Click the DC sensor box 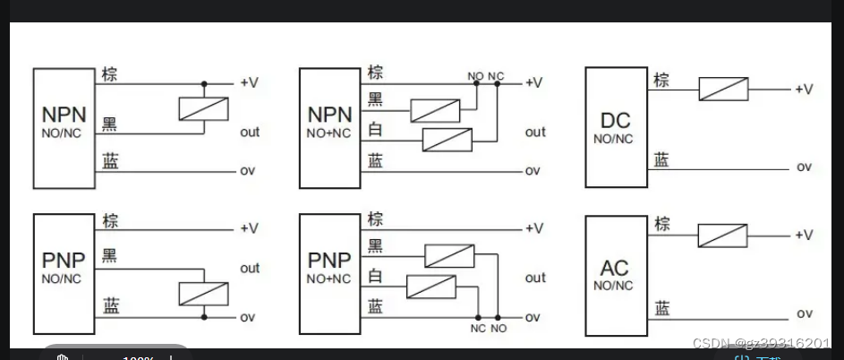coord(616,127)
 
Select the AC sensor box coord(616,275)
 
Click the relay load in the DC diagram coord(723,89)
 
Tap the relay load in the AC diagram coord(722,235)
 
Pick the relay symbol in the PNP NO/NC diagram coord(204,294)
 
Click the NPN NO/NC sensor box coord(64,127)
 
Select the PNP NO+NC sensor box coord(329,275)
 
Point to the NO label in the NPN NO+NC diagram coord(474,75)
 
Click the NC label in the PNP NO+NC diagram coord(478,329)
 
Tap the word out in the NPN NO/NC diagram coord(250,132)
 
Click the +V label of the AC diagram coord(803,235)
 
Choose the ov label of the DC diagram coord(804,167)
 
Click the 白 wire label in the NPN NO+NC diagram coord(376,131)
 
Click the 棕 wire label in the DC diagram coord(661,79)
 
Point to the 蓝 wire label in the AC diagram coord(661,309)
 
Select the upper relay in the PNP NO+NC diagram coord(449,255)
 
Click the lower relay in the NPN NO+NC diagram coord(447,140)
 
